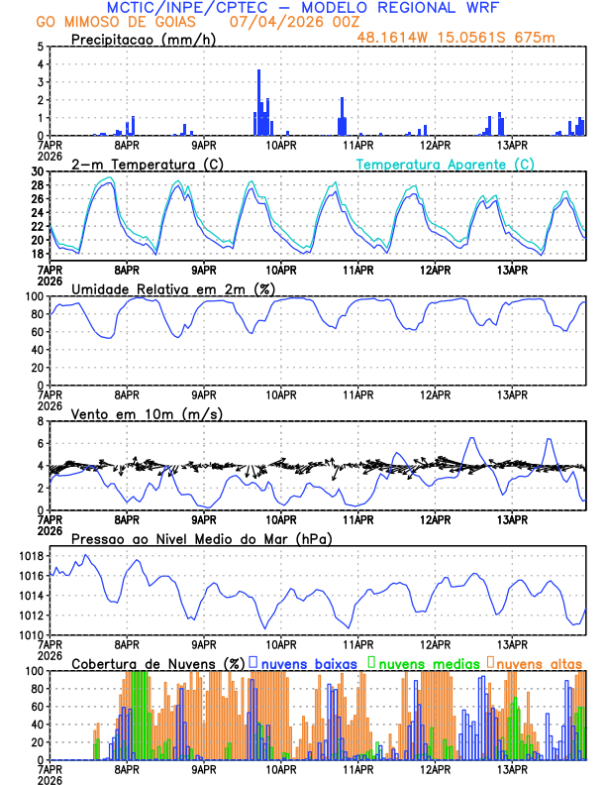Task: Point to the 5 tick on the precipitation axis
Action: click(39, 47)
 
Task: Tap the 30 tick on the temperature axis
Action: click(37, 171)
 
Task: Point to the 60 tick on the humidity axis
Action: click(37, 332)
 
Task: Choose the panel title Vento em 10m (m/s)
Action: click(147, 413)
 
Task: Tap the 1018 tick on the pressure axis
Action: click(31, 556)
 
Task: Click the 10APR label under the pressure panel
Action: click(281, 643)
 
